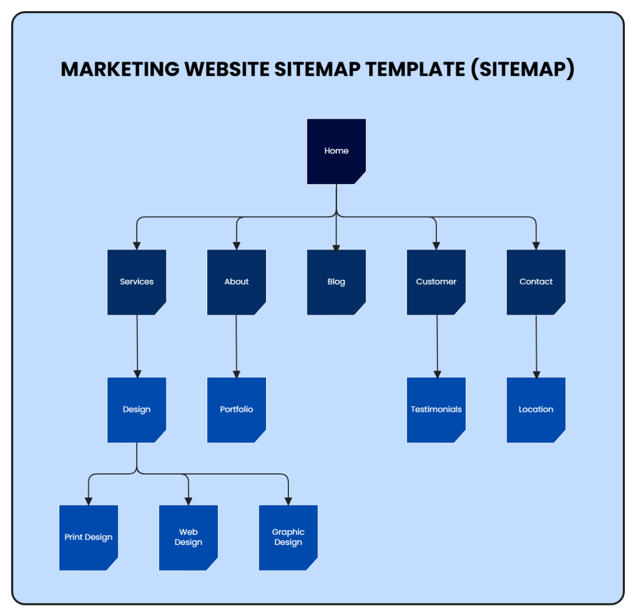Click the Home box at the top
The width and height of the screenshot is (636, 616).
click(x=336, y=151)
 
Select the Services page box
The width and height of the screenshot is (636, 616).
click(x=137, y=282)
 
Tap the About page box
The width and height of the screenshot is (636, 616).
click(x=236, y=282)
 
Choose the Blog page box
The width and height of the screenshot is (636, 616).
click(x=336, y=282)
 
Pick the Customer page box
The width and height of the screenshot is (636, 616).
click(x=436, y=282)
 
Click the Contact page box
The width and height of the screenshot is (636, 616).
click(x=536, y=282)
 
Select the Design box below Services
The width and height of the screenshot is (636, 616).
click(x=137, y=410)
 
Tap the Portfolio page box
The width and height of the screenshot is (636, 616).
click(x=236, y=410)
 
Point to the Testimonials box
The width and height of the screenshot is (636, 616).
click(x=436, y=410)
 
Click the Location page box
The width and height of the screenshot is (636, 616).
click(x=536, y=410)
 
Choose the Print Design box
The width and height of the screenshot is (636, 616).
click(x=89, y=538)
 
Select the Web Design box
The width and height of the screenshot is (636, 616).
click(x=188, y=538)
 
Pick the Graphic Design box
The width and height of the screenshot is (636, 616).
click(x=288, y=538)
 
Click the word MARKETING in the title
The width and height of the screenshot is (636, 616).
click(x=120, y=69)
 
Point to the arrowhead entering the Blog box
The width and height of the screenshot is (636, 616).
click(x=336, y=247)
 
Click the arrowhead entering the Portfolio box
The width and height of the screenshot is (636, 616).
click(x=236, y=374)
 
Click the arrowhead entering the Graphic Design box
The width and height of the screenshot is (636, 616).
click(x=288, y=501)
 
